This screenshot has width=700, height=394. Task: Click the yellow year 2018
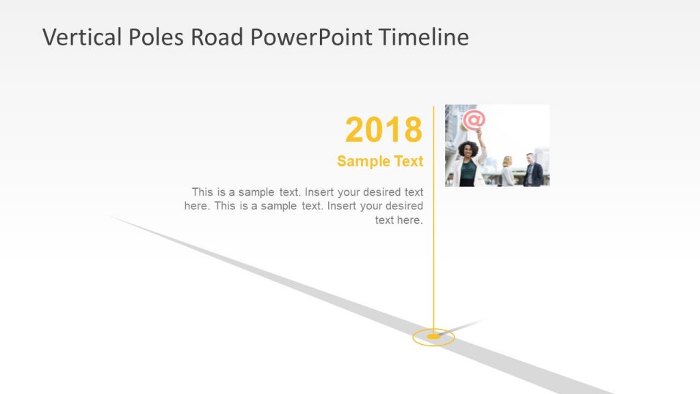click(383, 130)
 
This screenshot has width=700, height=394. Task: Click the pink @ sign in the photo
click(474, 120)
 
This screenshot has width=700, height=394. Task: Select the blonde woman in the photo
click(507, 171)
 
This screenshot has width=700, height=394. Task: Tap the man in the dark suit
click(533, 171)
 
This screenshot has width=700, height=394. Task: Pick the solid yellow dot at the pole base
click(433, 337)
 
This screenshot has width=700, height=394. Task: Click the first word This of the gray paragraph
click(203, 192)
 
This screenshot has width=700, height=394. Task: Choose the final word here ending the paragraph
click(412, 220)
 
